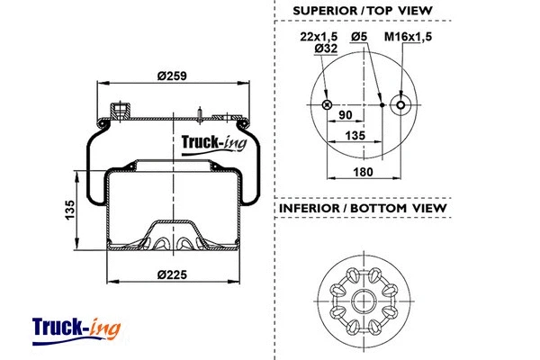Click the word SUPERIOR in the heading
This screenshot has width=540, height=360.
coord(324,11)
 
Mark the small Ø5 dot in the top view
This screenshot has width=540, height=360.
coord(382,105)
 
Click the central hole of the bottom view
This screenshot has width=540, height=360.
coord(367,299)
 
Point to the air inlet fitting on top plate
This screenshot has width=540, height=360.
coord(119,113)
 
